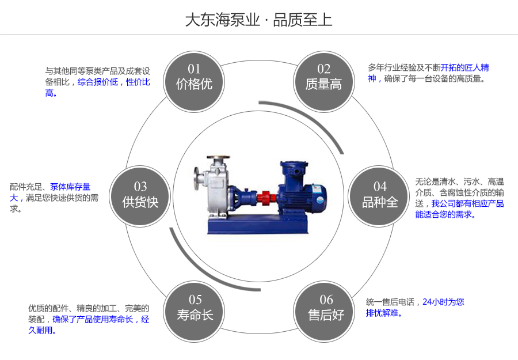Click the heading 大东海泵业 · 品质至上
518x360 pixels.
(258, 20)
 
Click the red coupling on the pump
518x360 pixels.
(264, 196)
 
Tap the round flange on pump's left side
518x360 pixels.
(197, 179)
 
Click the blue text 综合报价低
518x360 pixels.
(98, 82)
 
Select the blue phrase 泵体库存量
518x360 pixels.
(70, 187)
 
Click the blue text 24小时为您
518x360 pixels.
(443, 301)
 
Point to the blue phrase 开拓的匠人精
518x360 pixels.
(465, 67)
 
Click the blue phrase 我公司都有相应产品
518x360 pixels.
(467, 203)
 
